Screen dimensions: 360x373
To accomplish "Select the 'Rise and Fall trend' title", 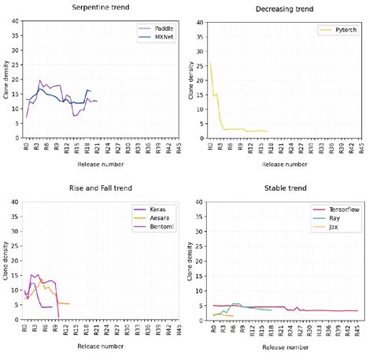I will coord(99,189).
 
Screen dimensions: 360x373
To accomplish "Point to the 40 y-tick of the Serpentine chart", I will coord(14,21).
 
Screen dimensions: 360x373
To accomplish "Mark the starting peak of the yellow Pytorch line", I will coord(210,64).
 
